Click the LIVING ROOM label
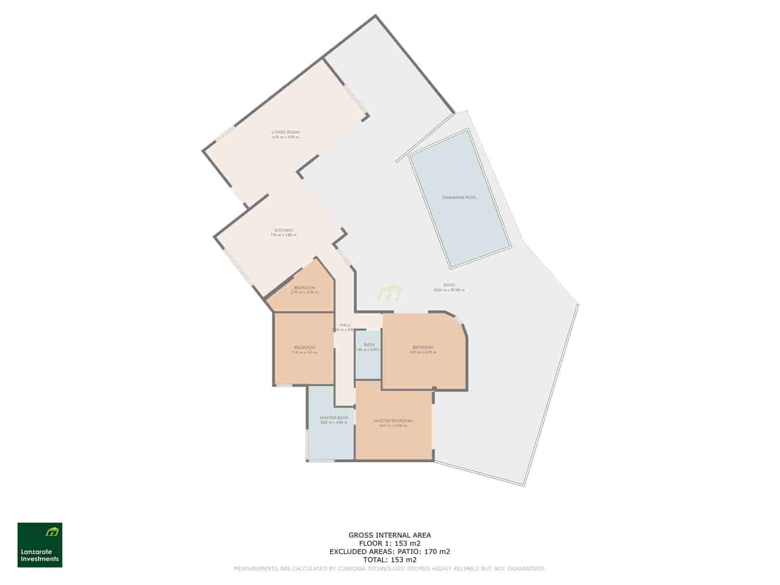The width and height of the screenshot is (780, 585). tap(286, 132)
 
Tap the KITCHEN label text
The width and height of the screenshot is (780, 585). tap(283, 230)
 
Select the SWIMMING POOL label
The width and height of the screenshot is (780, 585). tap(459, 197)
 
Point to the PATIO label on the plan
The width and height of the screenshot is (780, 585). tap(449, 285)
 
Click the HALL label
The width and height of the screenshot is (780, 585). tap(345, 325)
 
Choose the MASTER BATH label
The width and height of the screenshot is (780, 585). tap(334, 418)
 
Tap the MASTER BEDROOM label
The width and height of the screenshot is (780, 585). tap(393, 421)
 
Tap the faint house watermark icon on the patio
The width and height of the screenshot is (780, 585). tap(389, 293)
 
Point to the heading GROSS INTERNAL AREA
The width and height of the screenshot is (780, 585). tap(390, 535)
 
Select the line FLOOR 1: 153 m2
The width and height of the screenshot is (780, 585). tap(390, 543)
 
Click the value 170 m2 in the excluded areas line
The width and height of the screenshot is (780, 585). tap(437, 551)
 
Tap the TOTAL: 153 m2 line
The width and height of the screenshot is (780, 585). tap(390, 560)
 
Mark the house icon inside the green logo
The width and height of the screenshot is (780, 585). tap(52, 531)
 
